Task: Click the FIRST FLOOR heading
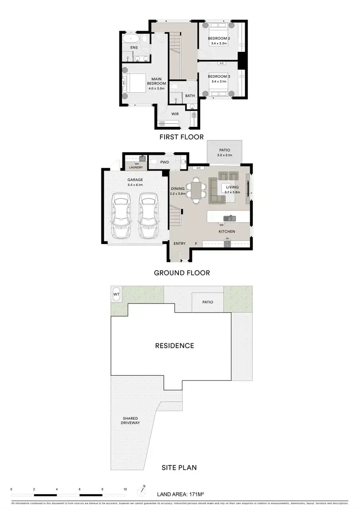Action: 181,137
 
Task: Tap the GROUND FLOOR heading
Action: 181,273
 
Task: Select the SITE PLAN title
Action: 179,467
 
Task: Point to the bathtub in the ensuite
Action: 131,37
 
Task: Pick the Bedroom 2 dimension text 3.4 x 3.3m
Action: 218,44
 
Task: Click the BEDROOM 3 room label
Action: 218,76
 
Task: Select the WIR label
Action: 176,114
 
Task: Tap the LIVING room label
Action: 232,187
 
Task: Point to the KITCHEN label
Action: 227,231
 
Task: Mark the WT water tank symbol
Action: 116,294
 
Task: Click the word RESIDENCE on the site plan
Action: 174,345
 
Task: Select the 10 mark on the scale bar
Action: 125,489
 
